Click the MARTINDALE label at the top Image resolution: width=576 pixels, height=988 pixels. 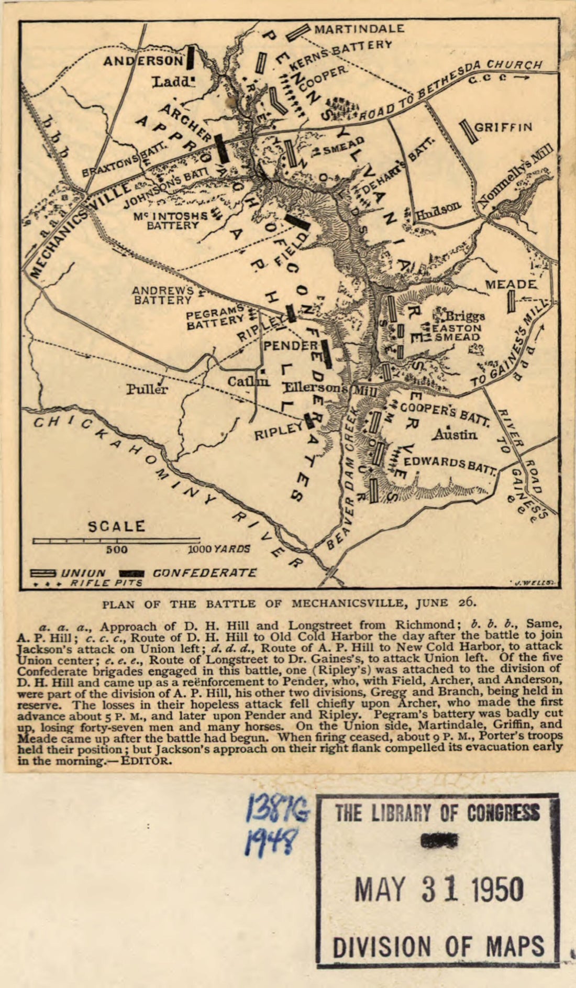tap(359, 28)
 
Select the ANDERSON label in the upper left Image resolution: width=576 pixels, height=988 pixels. tap(142, 61)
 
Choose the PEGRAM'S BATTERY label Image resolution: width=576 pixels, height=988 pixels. tap(216, 317)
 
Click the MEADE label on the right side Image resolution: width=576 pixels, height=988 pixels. tap(511, 284)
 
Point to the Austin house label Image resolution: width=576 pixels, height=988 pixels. tap(455, 434)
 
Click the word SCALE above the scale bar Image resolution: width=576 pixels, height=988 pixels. tap(116, 526)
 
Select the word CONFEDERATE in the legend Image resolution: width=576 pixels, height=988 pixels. tap(205, 573)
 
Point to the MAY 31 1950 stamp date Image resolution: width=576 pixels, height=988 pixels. tap(439, 888)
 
